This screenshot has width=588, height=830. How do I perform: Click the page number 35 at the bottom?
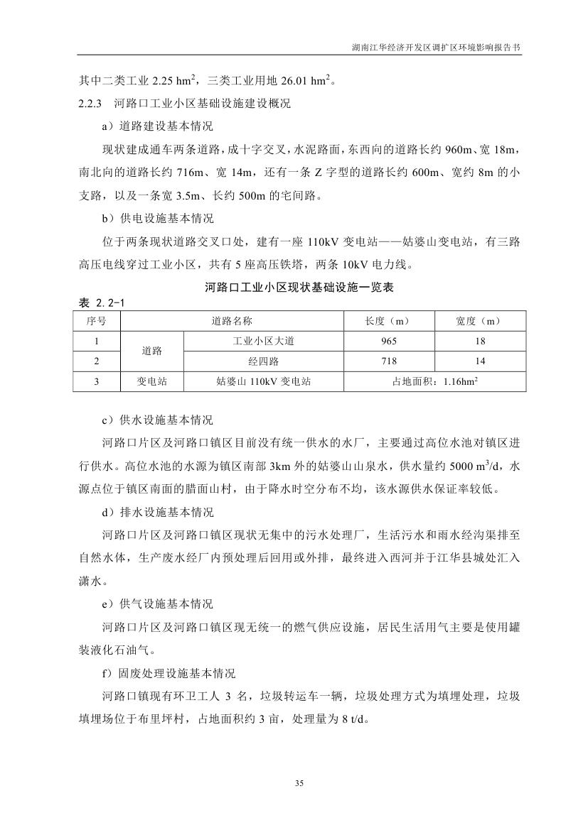click(299, 783)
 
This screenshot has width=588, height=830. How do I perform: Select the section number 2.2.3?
click(92, 104)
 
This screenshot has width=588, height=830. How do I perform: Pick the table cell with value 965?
click(388, 341)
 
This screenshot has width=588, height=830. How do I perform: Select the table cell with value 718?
click(388, 361)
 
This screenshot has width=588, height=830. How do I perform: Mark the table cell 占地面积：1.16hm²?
click(435, 381)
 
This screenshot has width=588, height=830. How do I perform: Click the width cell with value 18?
click(480, 341)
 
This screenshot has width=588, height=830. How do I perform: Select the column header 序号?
click(97, 321)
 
